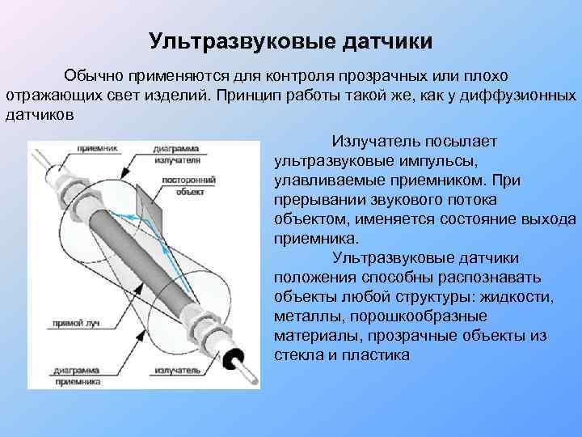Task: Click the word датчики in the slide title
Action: click(x=387, y=40)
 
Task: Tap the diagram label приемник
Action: click(x=98, y=149)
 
